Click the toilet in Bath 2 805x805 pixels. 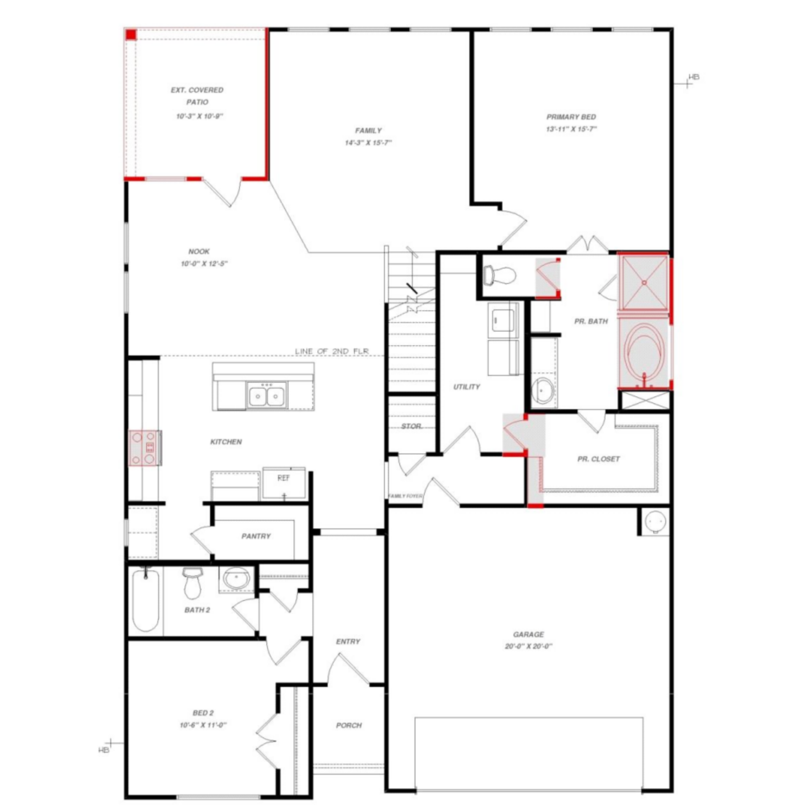(x=192, y=584)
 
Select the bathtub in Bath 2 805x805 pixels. (x=145, y=599)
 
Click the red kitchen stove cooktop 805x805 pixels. (x=143, y=448)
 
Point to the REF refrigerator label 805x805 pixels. (x=283, y=478)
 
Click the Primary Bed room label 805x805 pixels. (x=571, y=117)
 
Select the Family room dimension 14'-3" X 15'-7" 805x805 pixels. (x=368, y=143)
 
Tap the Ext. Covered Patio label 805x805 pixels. (x=197, y=96)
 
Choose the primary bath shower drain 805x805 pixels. (x=644, y=283)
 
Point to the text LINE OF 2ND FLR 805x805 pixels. (x=332, y=351)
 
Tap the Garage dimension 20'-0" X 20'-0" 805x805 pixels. (x=528, y=646)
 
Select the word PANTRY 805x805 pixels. (x=256, y=536)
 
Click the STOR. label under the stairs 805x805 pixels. (x=412, y=426)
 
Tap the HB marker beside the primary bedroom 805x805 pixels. (x=694, y=77)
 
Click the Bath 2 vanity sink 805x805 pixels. (x=236, y=579)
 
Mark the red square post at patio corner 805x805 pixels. (x=131, y=35)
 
